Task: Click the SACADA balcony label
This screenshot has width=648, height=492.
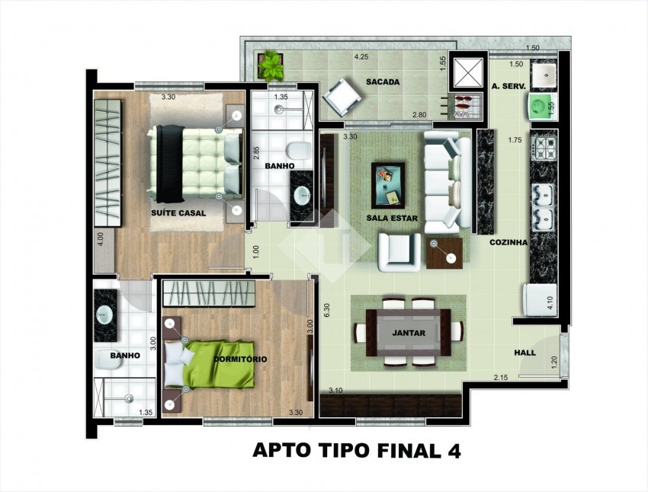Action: click(383, 82)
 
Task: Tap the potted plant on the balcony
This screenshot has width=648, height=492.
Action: click(271, 65)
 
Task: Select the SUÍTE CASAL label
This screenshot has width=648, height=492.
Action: click(178, 213)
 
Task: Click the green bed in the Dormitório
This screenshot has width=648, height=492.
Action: click(210, 364)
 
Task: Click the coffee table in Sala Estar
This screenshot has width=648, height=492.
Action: click(387, 185)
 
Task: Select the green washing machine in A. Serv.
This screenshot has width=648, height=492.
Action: click(541, 107)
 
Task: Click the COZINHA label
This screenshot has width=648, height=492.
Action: click(508, 243)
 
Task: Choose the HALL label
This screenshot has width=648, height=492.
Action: click(524, 353)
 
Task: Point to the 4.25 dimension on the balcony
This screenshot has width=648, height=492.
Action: click(361, 57)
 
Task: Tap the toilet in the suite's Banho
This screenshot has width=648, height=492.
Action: click(299, 151)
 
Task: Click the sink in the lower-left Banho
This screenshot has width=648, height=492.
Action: click(104, 316)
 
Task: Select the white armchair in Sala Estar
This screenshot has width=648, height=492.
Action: click(399, 252)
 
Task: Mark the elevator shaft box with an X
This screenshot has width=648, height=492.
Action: click(468, 73)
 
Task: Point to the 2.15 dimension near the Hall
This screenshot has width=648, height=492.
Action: click(501, 377)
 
